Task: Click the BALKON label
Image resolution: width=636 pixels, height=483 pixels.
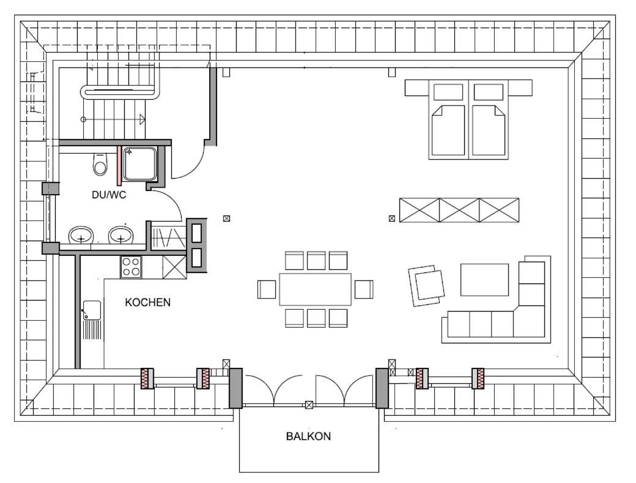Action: click(308, 436)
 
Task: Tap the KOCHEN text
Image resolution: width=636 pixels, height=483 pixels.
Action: click(147, 302)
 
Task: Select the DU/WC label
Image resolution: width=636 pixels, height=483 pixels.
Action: click(109, 195)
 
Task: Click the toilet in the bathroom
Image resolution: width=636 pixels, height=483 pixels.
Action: click(100, 164)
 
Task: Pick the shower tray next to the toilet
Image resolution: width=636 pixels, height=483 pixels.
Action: click(140, 163)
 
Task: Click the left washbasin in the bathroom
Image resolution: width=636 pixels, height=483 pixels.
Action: click(81, 236)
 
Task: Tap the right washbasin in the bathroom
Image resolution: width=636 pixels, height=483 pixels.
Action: click(121, 236)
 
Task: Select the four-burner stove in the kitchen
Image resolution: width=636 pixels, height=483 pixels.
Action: click(131, 267)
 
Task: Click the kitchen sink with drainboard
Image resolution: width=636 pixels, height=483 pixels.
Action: click(92, 320)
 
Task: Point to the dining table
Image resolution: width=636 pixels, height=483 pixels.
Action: click(315, 289)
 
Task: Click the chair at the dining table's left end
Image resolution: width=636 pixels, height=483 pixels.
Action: click(267, 290)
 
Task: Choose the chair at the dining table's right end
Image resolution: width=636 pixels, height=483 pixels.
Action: click(364, 290)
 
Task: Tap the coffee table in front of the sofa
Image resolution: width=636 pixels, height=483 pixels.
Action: click(484, 280)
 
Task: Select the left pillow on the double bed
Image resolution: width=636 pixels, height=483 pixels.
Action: click(448, 92)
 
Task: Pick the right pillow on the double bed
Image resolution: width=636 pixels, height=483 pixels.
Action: click(489, 92)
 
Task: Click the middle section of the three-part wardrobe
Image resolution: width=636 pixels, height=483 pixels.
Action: click(459, 210)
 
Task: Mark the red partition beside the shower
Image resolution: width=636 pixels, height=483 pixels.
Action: click(119, 166)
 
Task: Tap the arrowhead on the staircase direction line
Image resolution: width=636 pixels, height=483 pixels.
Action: click(142, 119)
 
